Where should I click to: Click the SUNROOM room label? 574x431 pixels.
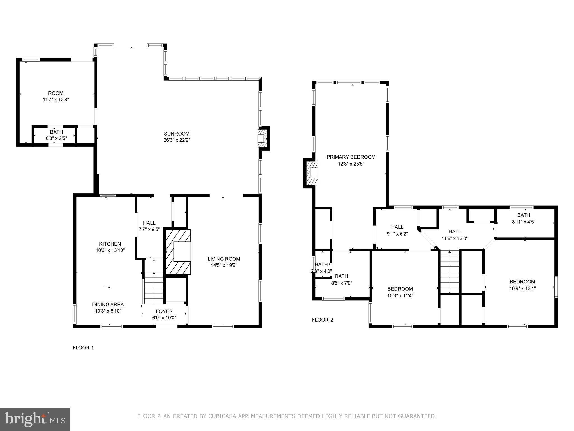point(177,134)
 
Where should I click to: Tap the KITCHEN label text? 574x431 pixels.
point(110,244)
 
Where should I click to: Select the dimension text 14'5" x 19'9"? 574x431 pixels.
point(224,265)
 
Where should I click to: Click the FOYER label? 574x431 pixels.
point(164,311)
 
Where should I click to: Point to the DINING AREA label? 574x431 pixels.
point(108,304)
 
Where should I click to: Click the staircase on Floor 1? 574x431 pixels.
point(154,289)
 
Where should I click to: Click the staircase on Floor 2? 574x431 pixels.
point(450,272)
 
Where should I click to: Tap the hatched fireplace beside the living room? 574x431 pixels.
point(178,252)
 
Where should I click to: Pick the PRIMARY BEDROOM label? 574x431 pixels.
point(351,157)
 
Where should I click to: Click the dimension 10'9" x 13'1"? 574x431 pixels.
point(522,288)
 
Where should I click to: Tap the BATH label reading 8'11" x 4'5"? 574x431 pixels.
point(524,215)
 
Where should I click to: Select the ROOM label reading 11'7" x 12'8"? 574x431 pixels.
point(56,93)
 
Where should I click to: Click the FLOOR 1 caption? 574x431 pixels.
point(84,348)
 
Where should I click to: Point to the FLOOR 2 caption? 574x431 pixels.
point(323,320)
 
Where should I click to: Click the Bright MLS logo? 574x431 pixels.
point(35,419)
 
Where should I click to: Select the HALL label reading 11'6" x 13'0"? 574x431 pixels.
point(454,232)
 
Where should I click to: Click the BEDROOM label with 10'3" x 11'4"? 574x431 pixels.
point(400,289)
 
